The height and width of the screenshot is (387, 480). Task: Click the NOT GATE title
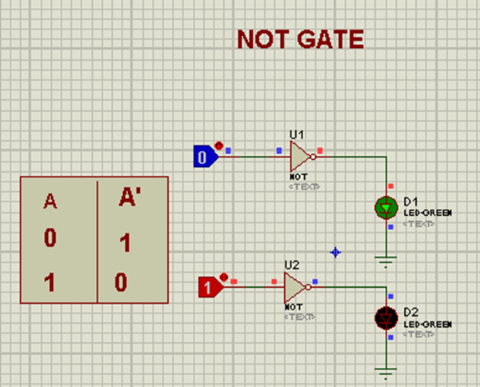[300, 38]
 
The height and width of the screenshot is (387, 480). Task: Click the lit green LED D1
[386, 208]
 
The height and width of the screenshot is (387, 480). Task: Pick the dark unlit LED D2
[386, 317]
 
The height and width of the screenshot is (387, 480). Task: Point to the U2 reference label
[292, 264]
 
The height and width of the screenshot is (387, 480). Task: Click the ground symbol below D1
[386, 259]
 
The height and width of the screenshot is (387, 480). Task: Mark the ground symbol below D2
[386, 370]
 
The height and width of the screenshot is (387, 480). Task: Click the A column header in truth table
[50, 201]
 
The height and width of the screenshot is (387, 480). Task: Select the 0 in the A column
[50, 238]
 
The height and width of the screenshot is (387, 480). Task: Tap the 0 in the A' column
[121, 281]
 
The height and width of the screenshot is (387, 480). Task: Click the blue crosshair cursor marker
[335, 252]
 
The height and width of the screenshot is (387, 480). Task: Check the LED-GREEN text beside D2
[428, 324]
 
